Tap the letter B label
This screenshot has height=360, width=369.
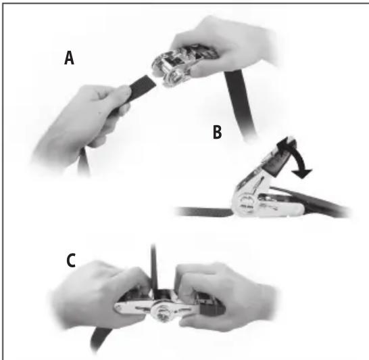(216, 133)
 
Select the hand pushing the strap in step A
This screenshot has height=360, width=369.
(81, 122)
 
